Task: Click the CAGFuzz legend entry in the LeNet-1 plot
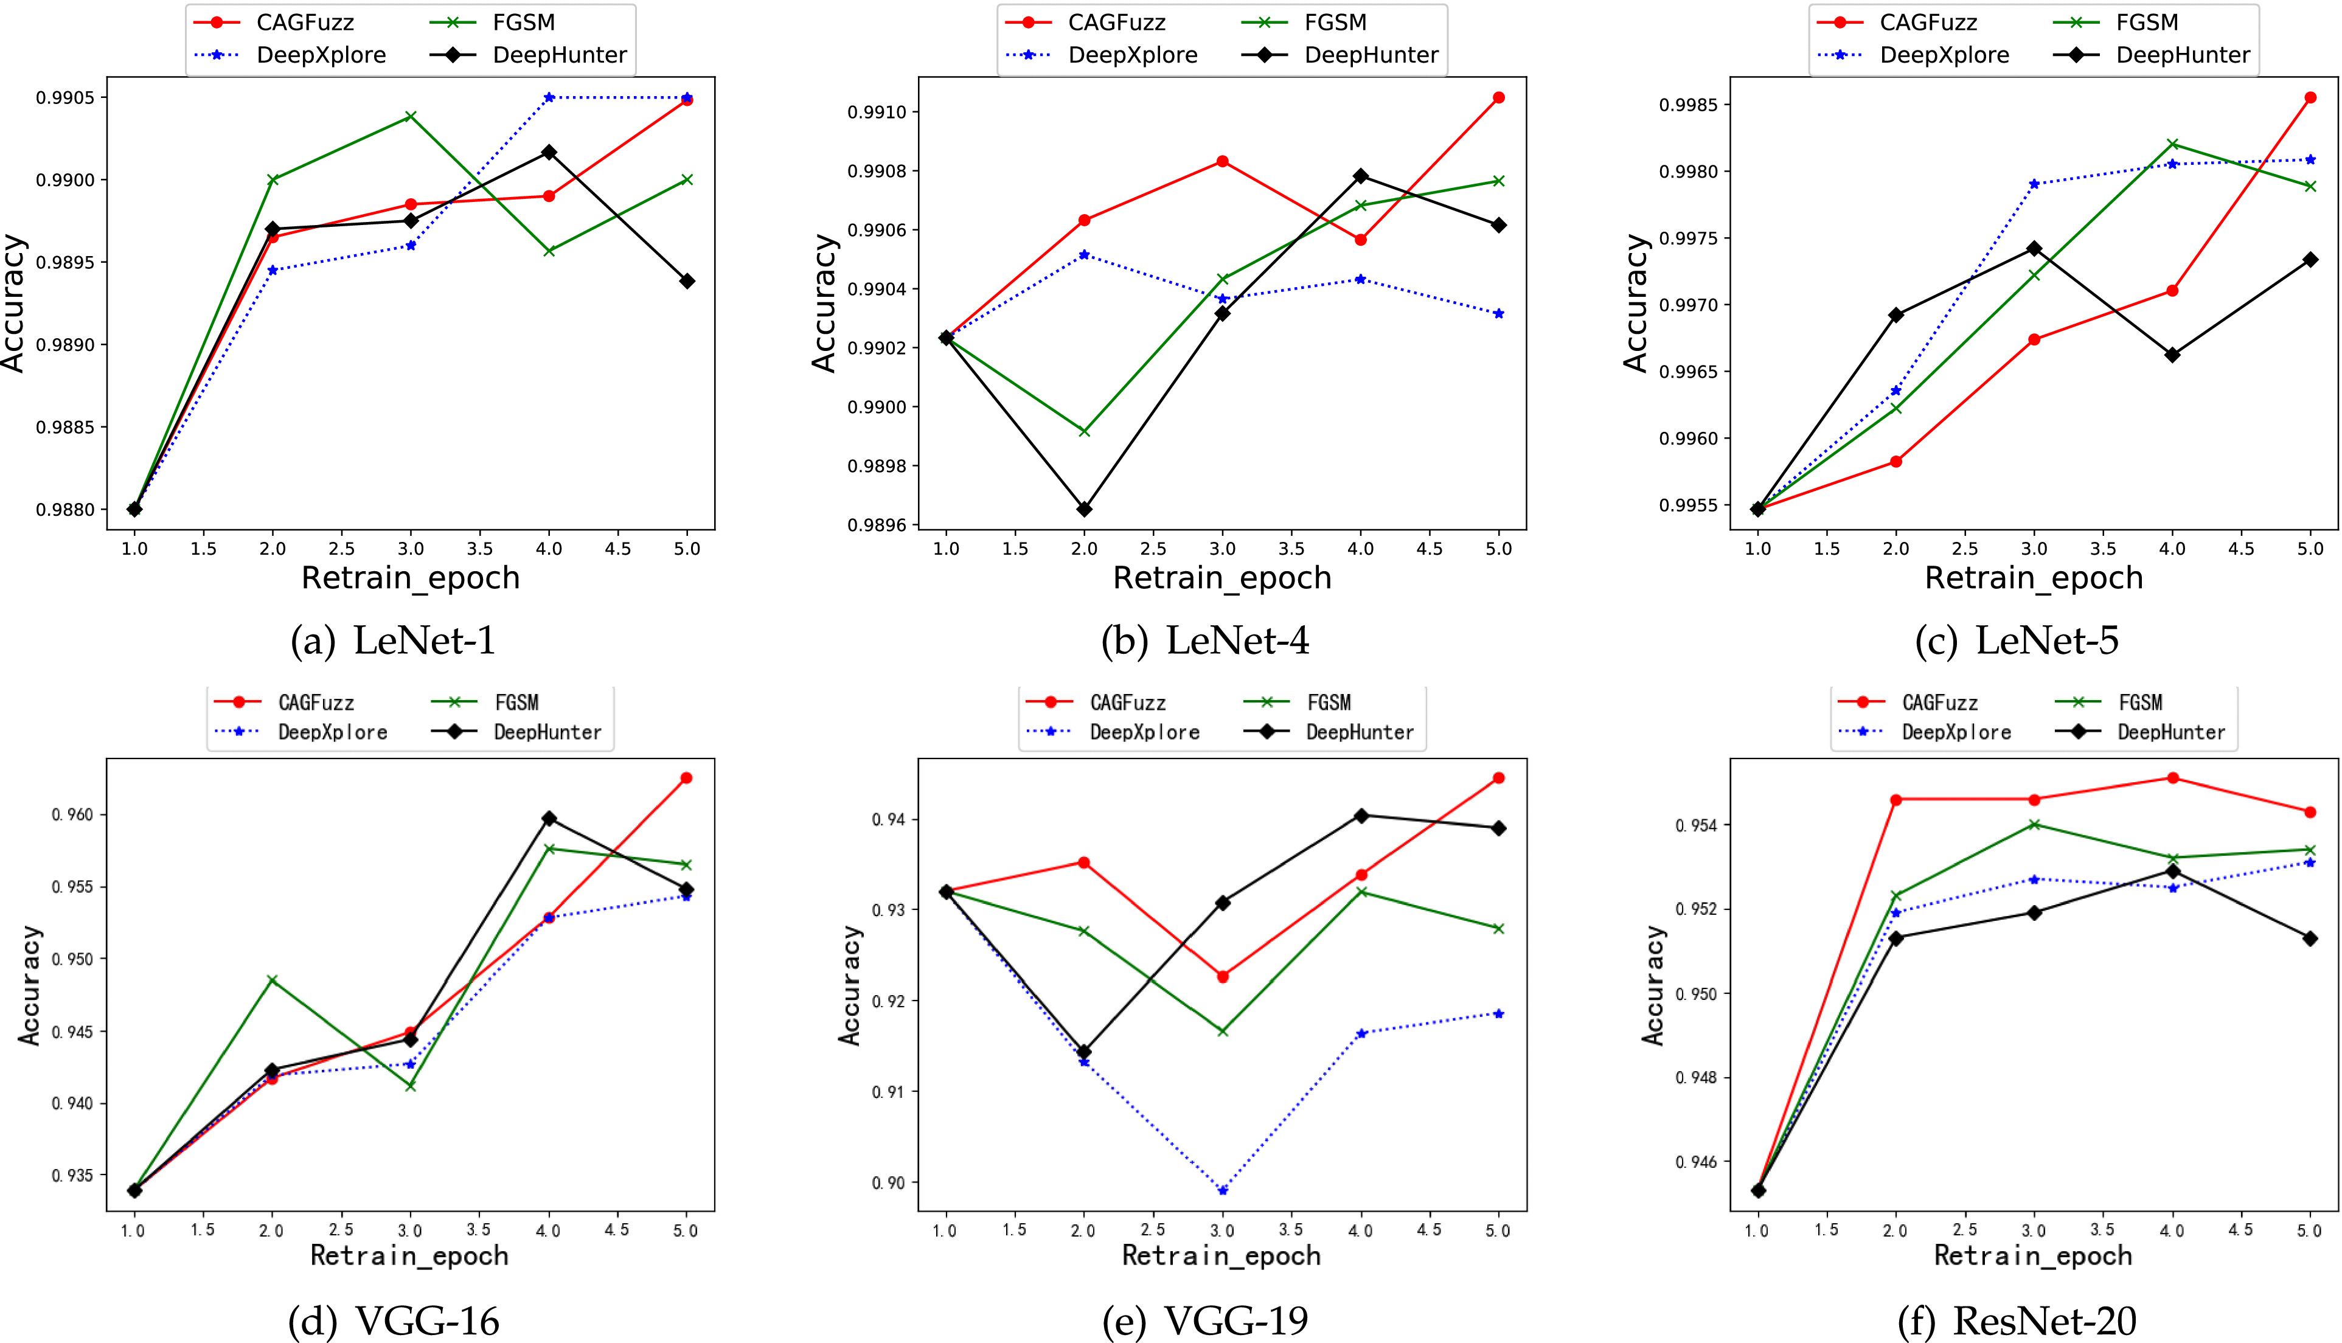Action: point(304,22)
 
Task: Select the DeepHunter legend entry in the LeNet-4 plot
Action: point(1371,55)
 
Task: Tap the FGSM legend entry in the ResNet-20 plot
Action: point(2140,703)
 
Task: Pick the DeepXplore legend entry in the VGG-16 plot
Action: point(332,732)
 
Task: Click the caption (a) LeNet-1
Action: point(393,640)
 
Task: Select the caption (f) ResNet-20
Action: point(2017,1321)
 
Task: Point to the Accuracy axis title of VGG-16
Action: point(30,985)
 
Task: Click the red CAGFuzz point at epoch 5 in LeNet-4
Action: point(1499,98)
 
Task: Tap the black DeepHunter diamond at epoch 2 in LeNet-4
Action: point(1085,509)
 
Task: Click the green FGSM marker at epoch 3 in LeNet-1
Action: point(411,116)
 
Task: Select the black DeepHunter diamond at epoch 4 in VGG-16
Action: point(549,818)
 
